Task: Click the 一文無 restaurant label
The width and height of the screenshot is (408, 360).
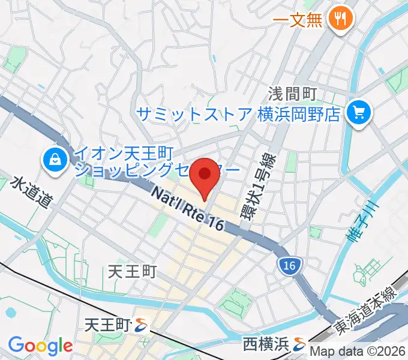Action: click(x=298, y=19)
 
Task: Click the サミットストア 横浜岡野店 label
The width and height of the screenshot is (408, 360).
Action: click(x=239, y=113)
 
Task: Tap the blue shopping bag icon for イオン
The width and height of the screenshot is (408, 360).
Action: click(x=55, y=160)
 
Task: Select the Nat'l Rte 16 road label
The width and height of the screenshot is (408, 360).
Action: click(x=187, y=208)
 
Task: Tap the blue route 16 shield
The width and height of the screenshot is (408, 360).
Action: click(x=289, y=265)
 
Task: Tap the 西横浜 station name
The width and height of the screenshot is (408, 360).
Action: click(x=264, y=344)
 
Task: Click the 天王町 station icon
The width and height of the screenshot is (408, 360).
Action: click(x=142, y=326)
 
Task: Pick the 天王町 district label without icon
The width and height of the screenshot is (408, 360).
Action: click(x=132, y=272)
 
